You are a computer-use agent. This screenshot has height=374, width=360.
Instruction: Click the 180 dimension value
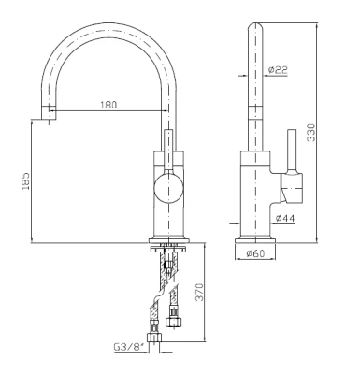pyautogui.click(x=108, y=105)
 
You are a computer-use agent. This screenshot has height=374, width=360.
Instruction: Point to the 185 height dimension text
pyautogui.click(x=25, y=180)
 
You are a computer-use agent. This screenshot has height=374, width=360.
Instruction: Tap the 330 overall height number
pyautogui.click(x=311, y=133)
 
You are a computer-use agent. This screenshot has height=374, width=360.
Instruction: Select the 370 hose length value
pyautogui.click(x=199, y=292)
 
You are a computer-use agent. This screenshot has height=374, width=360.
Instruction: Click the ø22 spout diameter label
pyautogui.click(x=278, y=70)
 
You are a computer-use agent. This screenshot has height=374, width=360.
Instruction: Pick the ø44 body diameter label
pyautogui.click(x=285, y=219)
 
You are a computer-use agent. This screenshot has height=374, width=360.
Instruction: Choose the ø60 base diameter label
pyautogui.click(x=255, y=253)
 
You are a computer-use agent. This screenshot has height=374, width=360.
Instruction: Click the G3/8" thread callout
pyautogui.click(x=129, y=347)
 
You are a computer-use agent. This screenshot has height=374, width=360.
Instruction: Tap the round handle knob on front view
pyautogui.click(x=168, y=188)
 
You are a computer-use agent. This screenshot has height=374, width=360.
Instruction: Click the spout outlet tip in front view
pyautogui.click(x=49, y=112)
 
